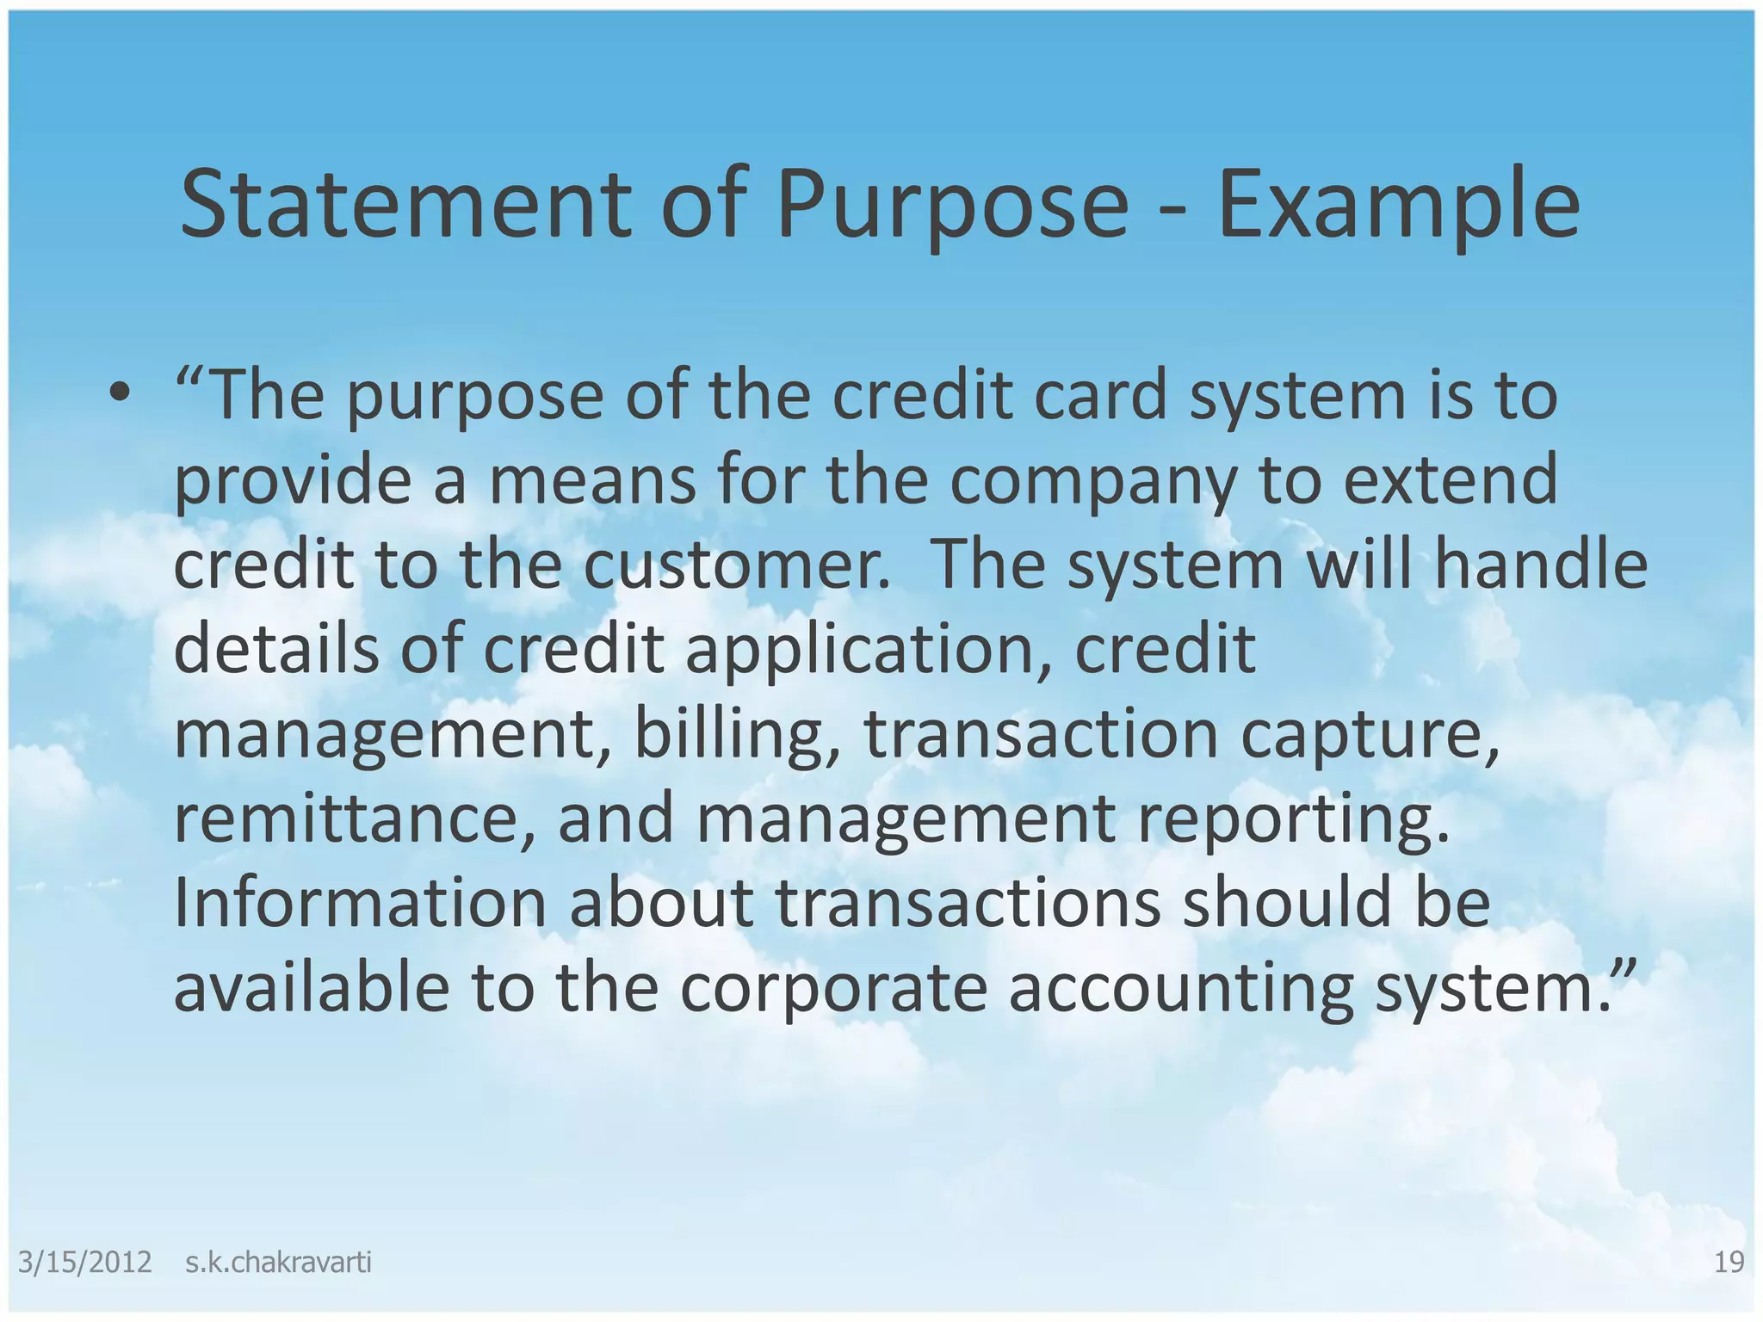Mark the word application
pos(869,650)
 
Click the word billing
pos(737,734)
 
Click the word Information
pos(360,903)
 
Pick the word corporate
pos(832,989)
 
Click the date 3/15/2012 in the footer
pos(84,1263)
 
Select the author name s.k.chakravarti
pos(278,1263)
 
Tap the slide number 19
pos(1729,1263)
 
